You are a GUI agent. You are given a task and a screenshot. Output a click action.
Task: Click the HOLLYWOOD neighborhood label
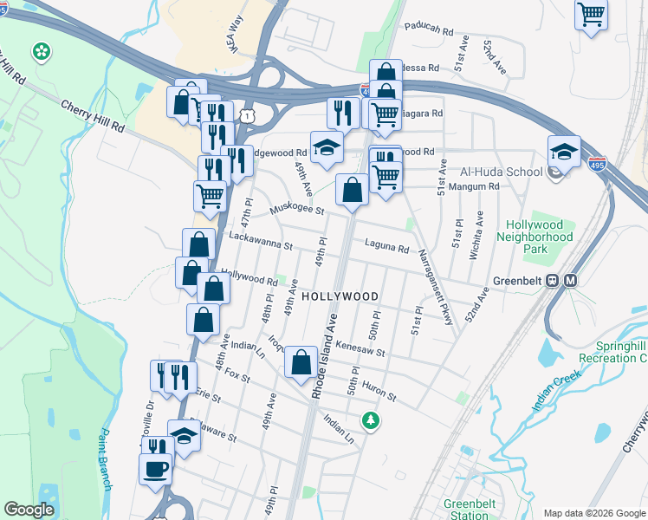pos(340,296)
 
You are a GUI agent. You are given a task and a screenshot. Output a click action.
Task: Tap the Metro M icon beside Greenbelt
pos(571,281)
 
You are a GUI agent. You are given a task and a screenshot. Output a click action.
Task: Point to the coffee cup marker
pos(156,470)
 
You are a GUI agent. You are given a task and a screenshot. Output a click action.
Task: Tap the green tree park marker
pos(371,420)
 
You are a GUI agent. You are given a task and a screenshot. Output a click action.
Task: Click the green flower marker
pos(41,53)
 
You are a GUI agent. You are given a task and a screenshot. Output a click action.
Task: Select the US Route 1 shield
pos(249,114)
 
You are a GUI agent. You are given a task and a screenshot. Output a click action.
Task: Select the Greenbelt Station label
pos(469,510)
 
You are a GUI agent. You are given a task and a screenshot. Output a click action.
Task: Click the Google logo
pos(29,510)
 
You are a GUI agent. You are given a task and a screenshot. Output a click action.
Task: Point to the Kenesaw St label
pos(360,348)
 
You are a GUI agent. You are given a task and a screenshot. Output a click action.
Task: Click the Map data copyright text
pos(593,513)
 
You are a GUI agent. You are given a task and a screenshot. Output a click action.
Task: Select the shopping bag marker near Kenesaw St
pos(301,363)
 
